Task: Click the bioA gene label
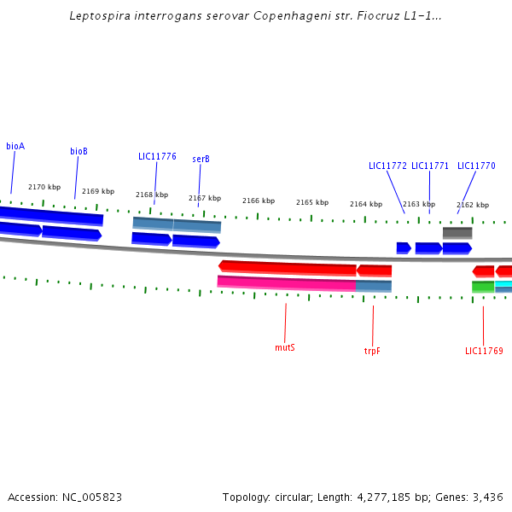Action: pos(15,146)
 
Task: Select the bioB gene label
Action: pos(79,151)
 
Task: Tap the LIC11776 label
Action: pos(157,156)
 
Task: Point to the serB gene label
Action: pos(201,159)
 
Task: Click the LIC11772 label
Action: pos(387,166)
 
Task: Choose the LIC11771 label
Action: pos(430,166)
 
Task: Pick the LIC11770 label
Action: pos(476,166)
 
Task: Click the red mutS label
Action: pos(285,347)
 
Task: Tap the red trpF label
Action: pos(372,351)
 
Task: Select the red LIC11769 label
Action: pos(484,351)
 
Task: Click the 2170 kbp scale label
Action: pos(44,187)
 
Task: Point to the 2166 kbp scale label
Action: pos(259,201)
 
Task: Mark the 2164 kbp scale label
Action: pos(366,204)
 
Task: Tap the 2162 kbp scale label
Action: pos(473,205)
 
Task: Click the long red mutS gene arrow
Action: pos(288,268)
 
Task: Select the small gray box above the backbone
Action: pos(457,233)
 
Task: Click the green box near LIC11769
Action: pos(483,287)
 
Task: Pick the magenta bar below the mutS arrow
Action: pos(286,282)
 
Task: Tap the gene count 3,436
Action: pos(488,497)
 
